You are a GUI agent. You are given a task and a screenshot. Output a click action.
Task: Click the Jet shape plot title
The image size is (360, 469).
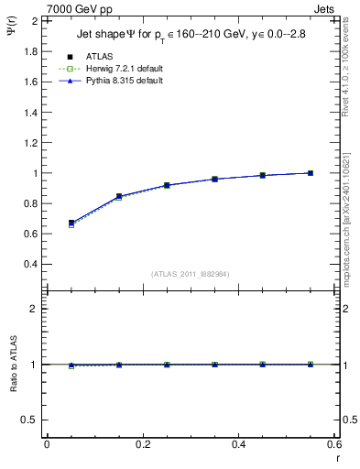coord(192,36)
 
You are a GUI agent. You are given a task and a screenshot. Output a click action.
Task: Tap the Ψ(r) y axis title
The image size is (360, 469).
coord(11,37)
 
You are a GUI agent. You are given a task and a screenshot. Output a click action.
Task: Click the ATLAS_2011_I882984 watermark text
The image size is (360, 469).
coord(191,274)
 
